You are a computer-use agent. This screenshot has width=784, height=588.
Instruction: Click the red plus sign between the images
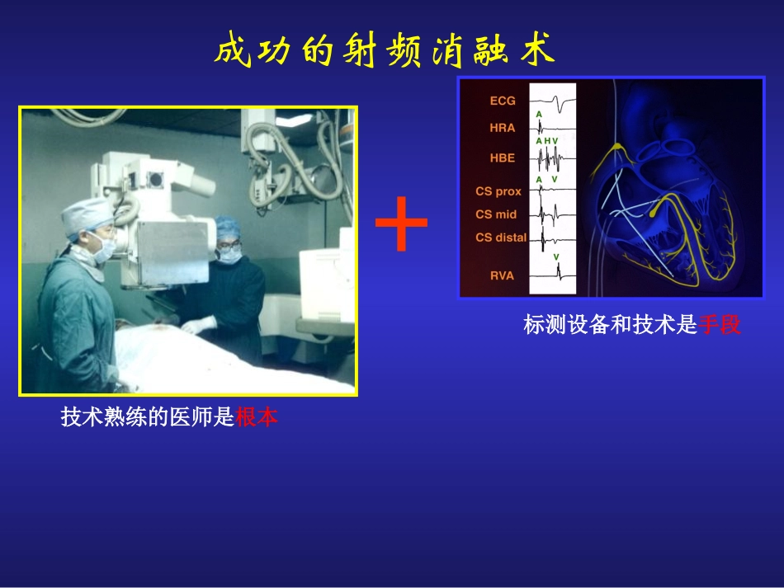pyautogui.click(x=401, y=223)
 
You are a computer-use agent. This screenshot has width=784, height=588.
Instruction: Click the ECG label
pyautogui.click(x=503, y=101)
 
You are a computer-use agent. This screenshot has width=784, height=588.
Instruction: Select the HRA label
pyautogui.click(x=502, y=128)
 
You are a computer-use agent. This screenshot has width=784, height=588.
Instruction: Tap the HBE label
pyautogui.click(x=502, y=157)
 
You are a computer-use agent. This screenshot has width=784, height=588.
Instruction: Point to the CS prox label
pyautogui.click(x=498, y=191)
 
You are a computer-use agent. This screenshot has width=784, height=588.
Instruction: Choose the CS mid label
pyautogui.click(x=496, y=214)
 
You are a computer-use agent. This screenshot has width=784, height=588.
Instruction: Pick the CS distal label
pyautogui.click(x=501, y=238)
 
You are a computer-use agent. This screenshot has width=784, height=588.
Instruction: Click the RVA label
pyautogui.click(x=502, y=275)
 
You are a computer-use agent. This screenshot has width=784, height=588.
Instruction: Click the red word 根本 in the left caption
pyautogui.click(x=257, y=417)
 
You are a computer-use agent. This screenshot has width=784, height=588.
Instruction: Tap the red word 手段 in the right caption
pyautogui.click(x=720, y=325)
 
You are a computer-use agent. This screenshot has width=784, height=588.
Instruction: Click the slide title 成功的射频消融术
pyautogui.click(x=385, y=50)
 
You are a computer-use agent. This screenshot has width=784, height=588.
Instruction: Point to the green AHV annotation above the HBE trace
pyautogui.click(x=547, y=141)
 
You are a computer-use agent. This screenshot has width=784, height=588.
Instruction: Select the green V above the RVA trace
pyautogui.click(x=556, y=257)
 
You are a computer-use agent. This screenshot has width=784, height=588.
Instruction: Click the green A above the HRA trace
pyautogui.click(x=539, y=114)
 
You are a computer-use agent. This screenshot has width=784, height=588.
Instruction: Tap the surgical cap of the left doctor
pyautogui.click(x=87, y=213)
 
